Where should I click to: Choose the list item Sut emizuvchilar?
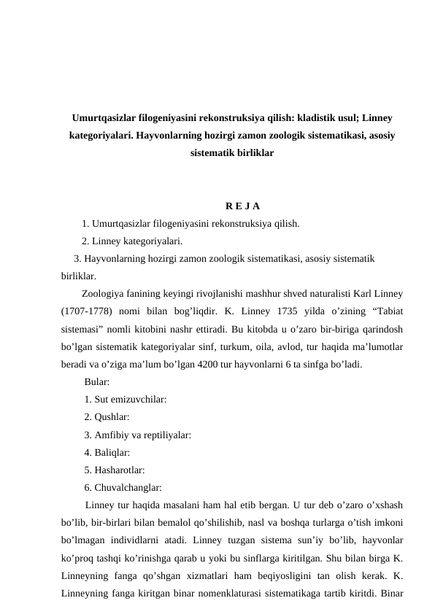pyautogui.click(x=126, y=400)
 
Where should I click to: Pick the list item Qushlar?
pyautogui.click(x=107, y=417)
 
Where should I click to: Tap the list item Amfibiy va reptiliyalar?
pyautogui.click(x=138, y=435)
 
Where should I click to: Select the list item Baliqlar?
pyautogui.click(x=108, y=452)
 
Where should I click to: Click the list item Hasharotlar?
pyautogui.click(x=115, y=470)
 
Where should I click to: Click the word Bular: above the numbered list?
pyautogui.click(x=97, y=382)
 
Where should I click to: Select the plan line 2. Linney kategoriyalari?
pyautogui.click(x=131, y=241)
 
